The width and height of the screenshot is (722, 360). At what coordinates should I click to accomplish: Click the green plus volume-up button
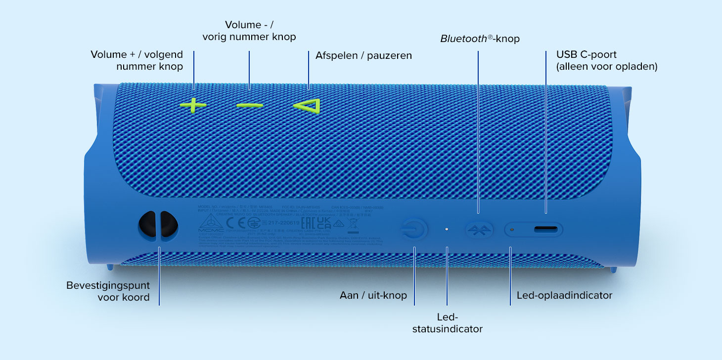193,105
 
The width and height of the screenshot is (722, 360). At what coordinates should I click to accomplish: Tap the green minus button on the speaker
250,105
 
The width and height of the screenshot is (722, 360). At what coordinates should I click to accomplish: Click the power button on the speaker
413,229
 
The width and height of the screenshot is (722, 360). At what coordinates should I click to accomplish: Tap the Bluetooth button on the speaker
479,229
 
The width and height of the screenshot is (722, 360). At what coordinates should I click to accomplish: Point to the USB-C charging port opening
546,229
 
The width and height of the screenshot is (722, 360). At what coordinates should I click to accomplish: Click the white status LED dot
447,229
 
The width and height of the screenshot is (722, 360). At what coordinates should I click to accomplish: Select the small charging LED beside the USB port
512,229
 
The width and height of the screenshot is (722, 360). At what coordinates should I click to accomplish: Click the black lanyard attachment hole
158,225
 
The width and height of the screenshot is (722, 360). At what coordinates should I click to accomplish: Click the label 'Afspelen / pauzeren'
363,55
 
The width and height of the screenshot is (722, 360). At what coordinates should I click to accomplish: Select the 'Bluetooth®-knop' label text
480,39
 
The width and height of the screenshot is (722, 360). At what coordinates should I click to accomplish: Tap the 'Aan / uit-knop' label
373,296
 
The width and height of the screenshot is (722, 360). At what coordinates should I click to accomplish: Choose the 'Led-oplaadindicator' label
564,296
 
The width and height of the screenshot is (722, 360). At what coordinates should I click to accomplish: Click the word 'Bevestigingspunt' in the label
108,286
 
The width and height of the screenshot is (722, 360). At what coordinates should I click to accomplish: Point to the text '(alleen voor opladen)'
607,67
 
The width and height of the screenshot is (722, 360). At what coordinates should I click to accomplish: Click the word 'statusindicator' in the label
448,329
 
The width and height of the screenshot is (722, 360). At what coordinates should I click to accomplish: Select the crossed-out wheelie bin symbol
353,225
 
